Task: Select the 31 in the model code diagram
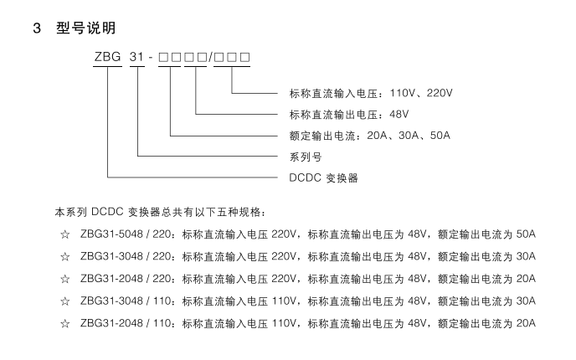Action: point(140,57)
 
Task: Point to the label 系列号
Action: point(306,157)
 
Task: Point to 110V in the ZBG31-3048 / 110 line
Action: point(284,301)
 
